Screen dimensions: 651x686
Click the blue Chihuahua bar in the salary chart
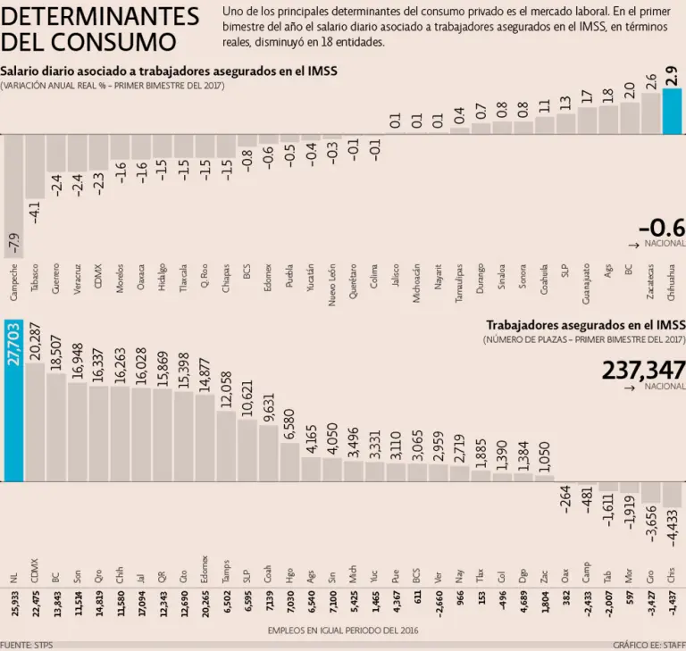673,111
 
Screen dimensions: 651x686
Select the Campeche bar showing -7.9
13,196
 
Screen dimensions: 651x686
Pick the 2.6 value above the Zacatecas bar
651,81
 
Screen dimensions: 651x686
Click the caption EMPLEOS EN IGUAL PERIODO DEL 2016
342,630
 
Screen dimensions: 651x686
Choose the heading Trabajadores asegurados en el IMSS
585,325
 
